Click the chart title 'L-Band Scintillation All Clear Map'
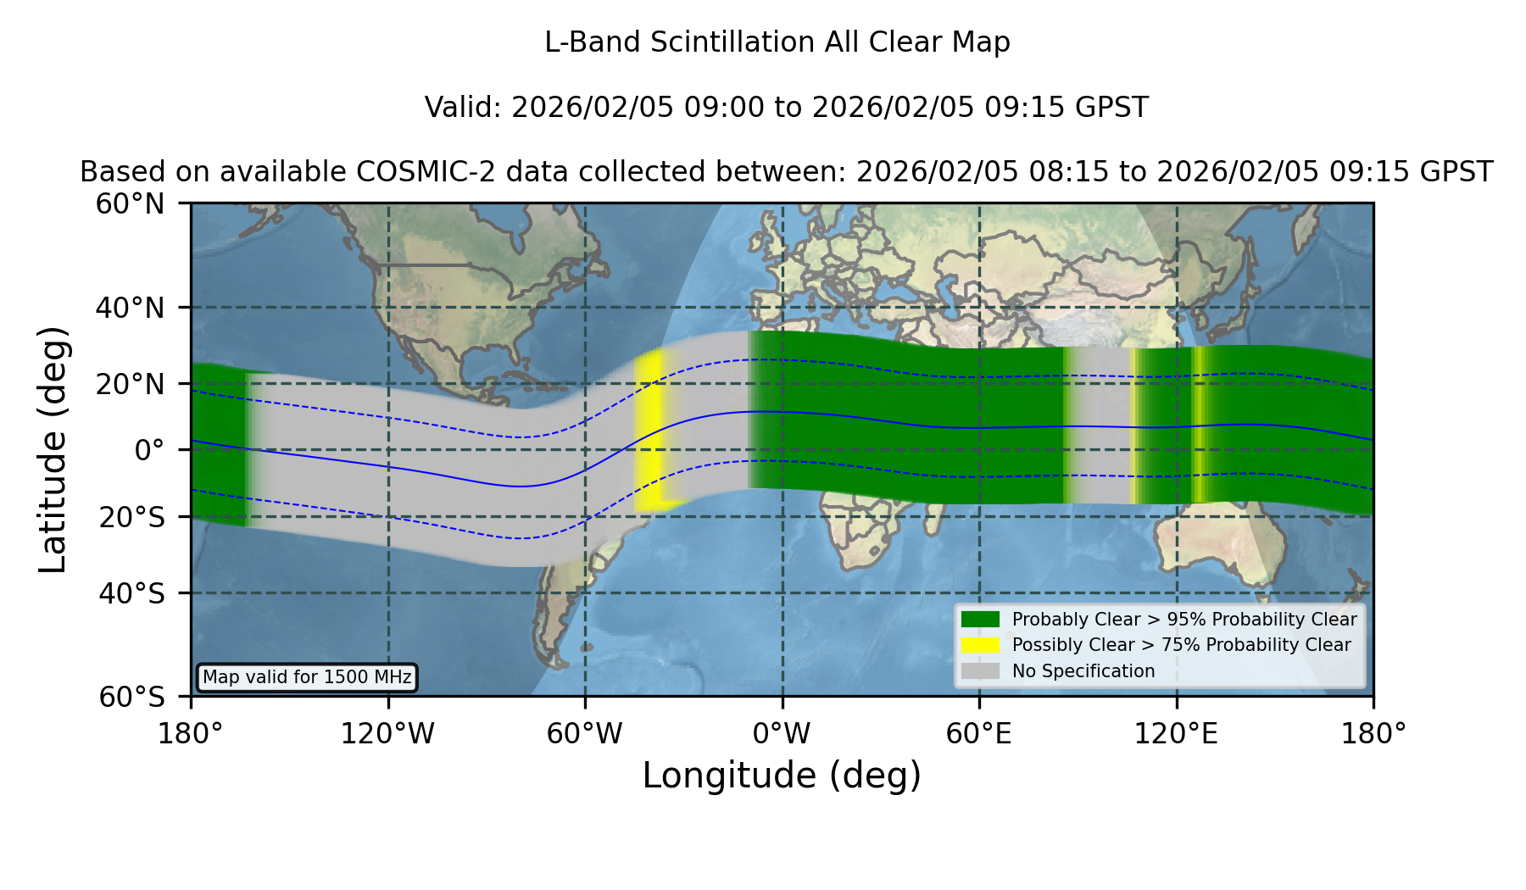777,42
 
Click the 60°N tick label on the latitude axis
130,203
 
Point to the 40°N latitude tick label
130,308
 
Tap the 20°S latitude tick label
131,517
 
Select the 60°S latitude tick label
131,697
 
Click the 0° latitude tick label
149,450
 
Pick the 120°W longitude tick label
387,734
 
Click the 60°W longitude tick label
585,734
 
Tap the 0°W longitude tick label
782,734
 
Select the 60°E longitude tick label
979,734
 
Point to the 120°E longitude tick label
1176,734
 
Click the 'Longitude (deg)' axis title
782,776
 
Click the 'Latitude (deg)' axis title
53,449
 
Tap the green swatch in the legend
981,620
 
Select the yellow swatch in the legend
981,645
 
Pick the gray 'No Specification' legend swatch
981,671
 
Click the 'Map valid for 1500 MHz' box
307,677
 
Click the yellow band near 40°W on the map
649,431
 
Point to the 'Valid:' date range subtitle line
786,108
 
